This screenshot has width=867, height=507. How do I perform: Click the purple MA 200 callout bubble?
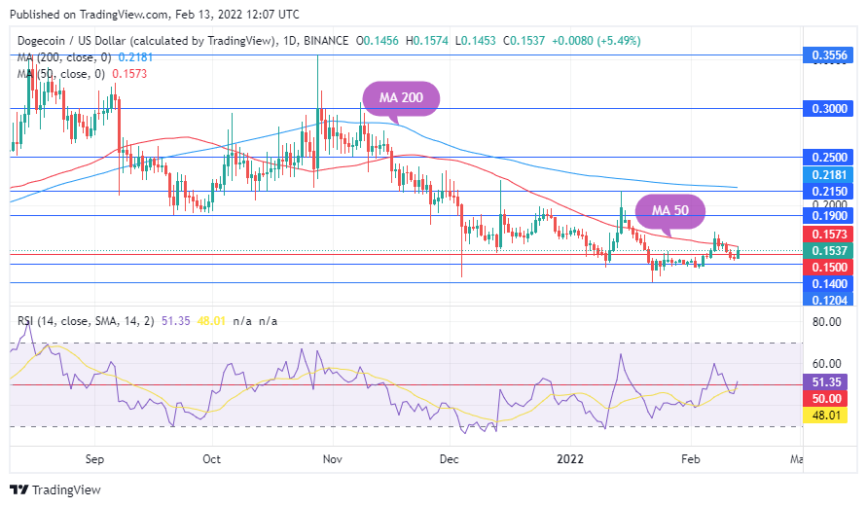click(x=401, y=98)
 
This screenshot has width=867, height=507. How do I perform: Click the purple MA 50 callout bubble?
click(x=670, y=210)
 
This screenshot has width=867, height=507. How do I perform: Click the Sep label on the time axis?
click(x=94, y=457)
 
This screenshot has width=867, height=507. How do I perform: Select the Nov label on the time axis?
click(x=332, y=457)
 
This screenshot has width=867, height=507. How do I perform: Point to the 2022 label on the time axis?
click(x=571, y=457)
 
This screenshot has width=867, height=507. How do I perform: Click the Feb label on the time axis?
click(x=691, y=457)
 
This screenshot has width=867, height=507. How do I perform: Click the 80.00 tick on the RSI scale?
click(x=827, y=321)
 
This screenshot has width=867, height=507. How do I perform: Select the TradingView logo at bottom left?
click(x=55, y=489)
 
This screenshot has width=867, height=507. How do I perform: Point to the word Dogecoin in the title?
click(x=45, y=41)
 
